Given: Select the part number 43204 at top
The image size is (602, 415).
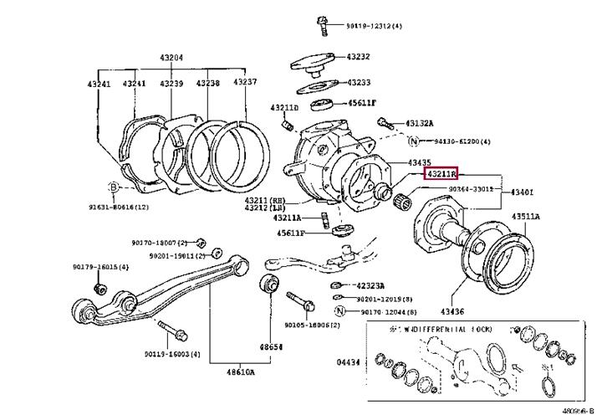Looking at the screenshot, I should pos(171,59).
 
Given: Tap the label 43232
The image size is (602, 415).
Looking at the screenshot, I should pos(360,57).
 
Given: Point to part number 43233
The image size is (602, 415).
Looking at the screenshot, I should pos(360,83).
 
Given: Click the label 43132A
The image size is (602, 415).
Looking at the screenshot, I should pos(422,123).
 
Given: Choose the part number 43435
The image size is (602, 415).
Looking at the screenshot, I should pos(420,161).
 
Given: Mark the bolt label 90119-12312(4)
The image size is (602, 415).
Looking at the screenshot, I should pos(374,26).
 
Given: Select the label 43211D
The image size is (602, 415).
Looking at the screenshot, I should pos(284,108).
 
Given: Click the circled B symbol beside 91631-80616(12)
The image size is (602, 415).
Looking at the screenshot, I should pos(114,187).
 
